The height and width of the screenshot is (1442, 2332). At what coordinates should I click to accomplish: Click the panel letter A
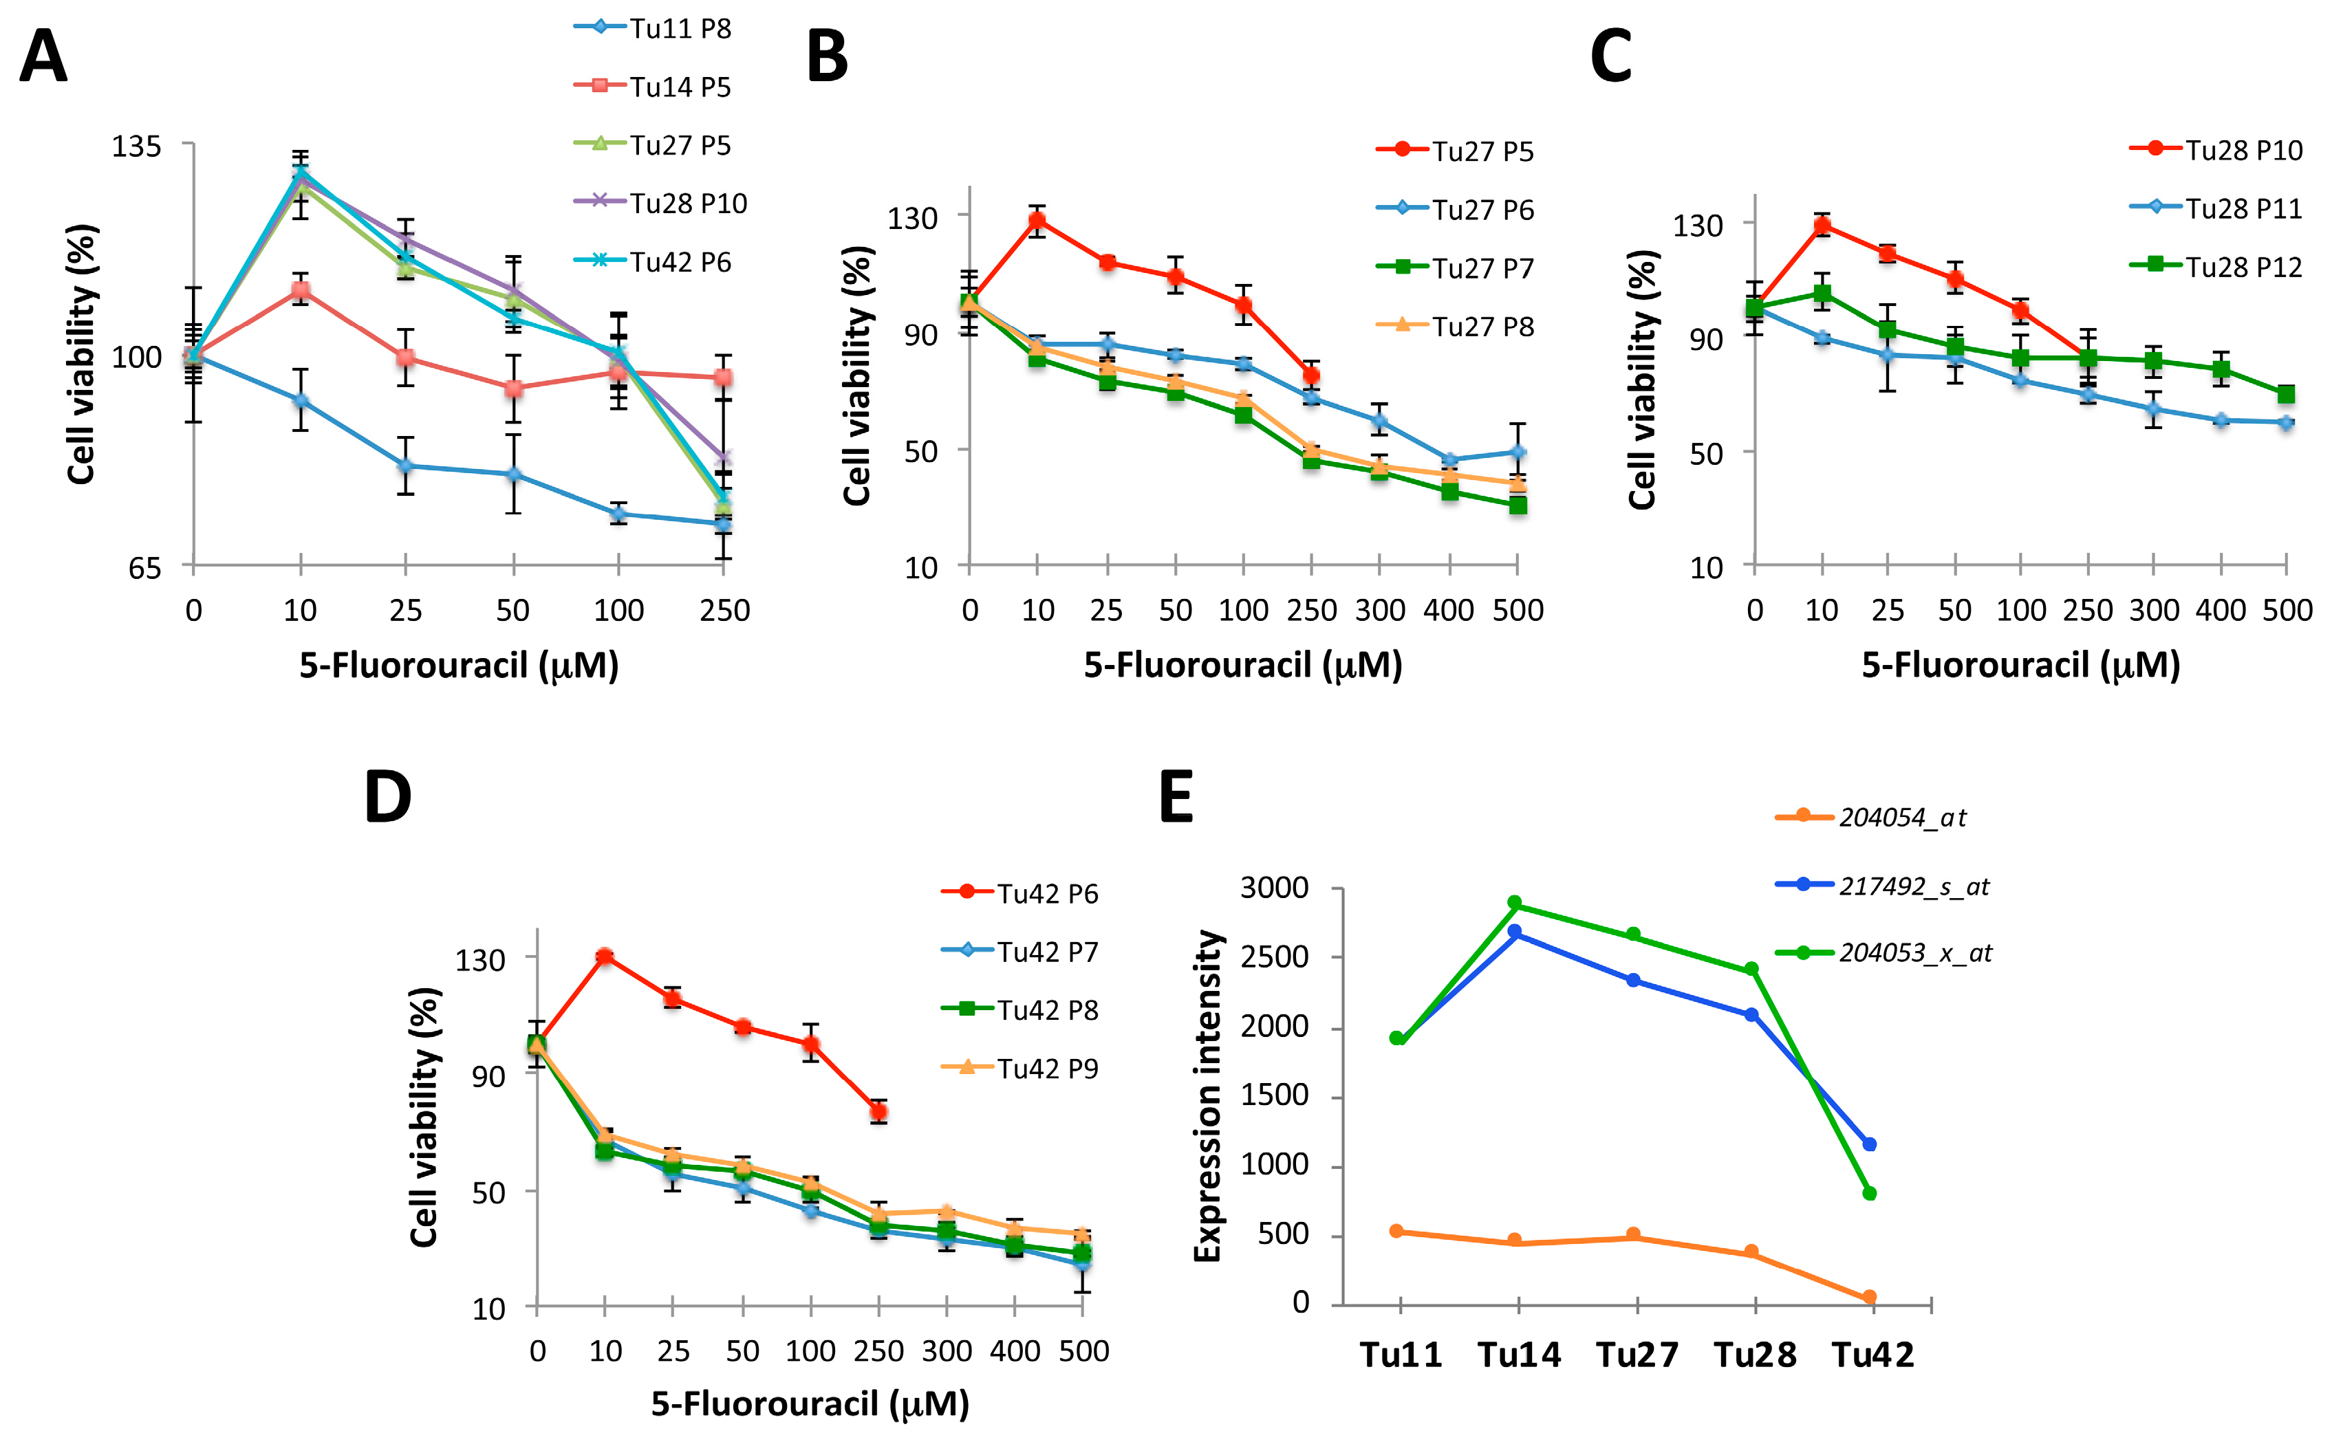[44, 57]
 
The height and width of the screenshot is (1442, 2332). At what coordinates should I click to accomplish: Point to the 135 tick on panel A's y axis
[136, 146]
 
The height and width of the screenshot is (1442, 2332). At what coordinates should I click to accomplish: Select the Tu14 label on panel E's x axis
[1518, 1354]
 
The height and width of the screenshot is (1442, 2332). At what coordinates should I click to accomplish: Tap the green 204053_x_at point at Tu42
[1870, 1193]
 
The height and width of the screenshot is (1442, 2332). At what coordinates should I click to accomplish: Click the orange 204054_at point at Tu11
[1397, 1231]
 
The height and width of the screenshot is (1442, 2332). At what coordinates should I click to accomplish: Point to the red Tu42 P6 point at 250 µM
[878, 1112]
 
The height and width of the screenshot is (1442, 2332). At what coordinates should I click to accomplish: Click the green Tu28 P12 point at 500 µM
[2286, 394]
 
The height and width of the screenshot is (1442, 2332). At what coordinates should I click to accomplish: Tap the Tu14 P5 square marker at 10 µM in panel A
[301, 290]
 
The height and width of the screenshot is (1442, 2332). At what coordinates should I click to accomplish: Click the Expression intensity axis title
[1207, 1097]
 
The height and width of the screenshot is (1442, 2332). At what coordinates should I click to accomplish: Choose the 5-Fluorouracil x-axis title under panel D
[810, 1404]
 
